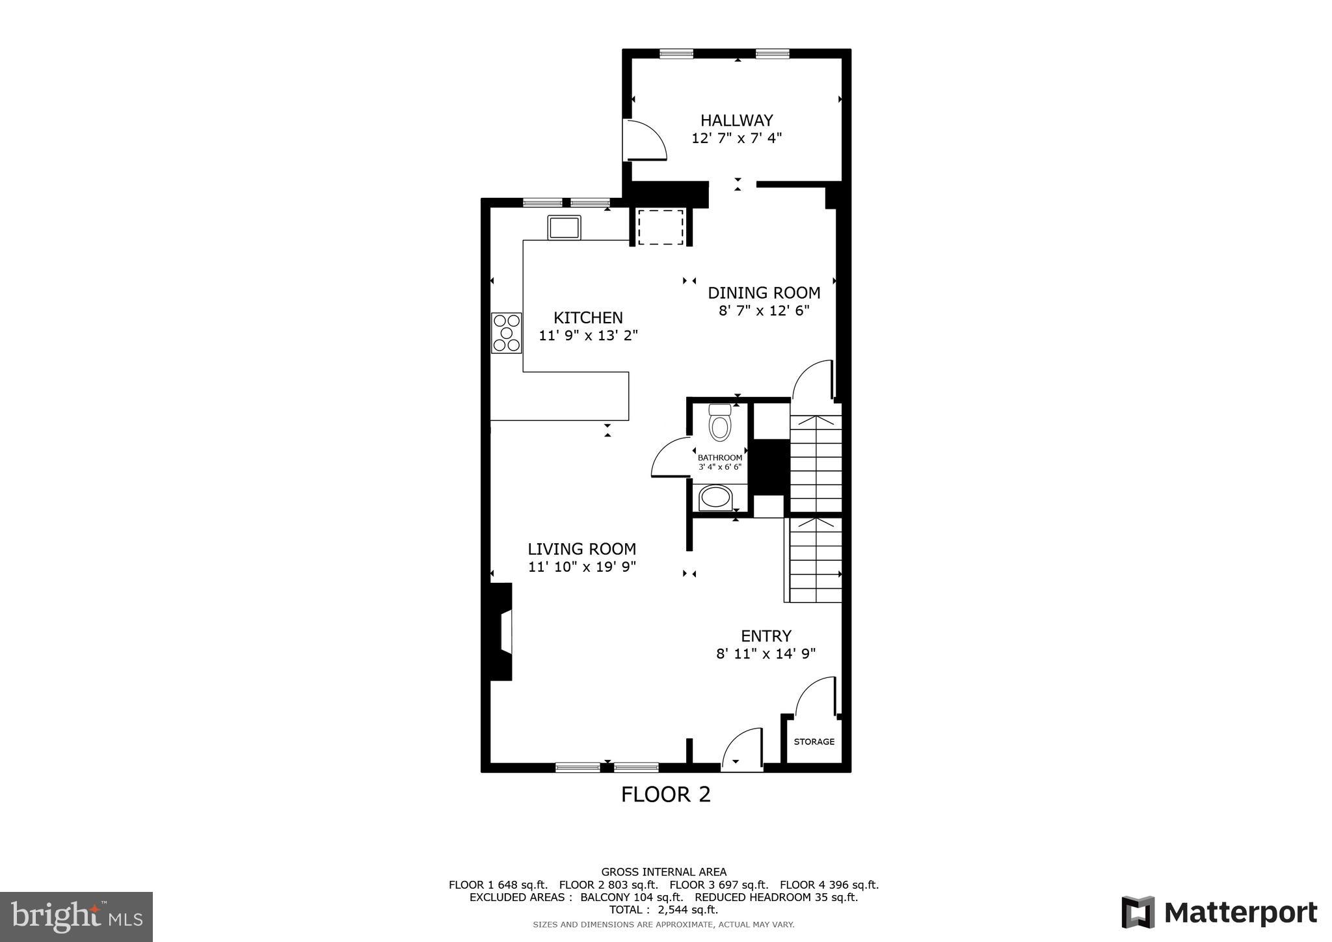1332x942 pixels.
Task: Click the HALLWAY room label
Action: click(x=736, y=120)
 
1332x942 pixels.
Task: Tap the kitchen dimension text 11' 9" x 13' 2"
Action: click(x=588, y=336)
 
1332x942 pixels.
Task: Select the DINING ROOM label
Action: click(x=764, y=293)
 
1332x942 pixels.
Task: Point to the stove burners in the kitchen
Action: click(x=506, y=333)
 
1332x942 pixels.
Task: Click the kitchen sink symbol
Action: click(x=564, y=228)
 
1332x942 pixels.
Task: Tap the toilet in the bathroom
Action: click(x=719, y=424)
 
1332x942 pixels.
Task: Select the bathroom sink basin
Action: click(x=715, y=498)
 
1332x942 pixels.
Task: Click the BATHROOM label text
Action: click(x=719, y=457)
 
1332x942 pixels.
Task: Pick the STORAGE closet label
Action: click(x=814, y=742)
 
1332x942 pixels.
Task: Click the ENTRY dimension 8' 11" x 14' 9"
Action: click(x=766, y=654)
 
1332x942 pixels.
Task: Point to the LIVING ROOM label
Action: click(x=581, y=549)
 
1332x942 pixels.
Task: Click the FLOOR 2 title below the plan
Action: click(x=665, y=794)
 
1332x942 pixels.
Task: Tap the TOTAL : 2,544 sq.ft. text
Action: click(x=663, y=909)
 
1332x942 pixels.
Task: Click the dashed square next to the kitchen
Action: click(x=660, y=227)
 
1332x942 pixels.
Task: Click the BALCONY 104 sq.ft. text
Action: click(x=631, y=897)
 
